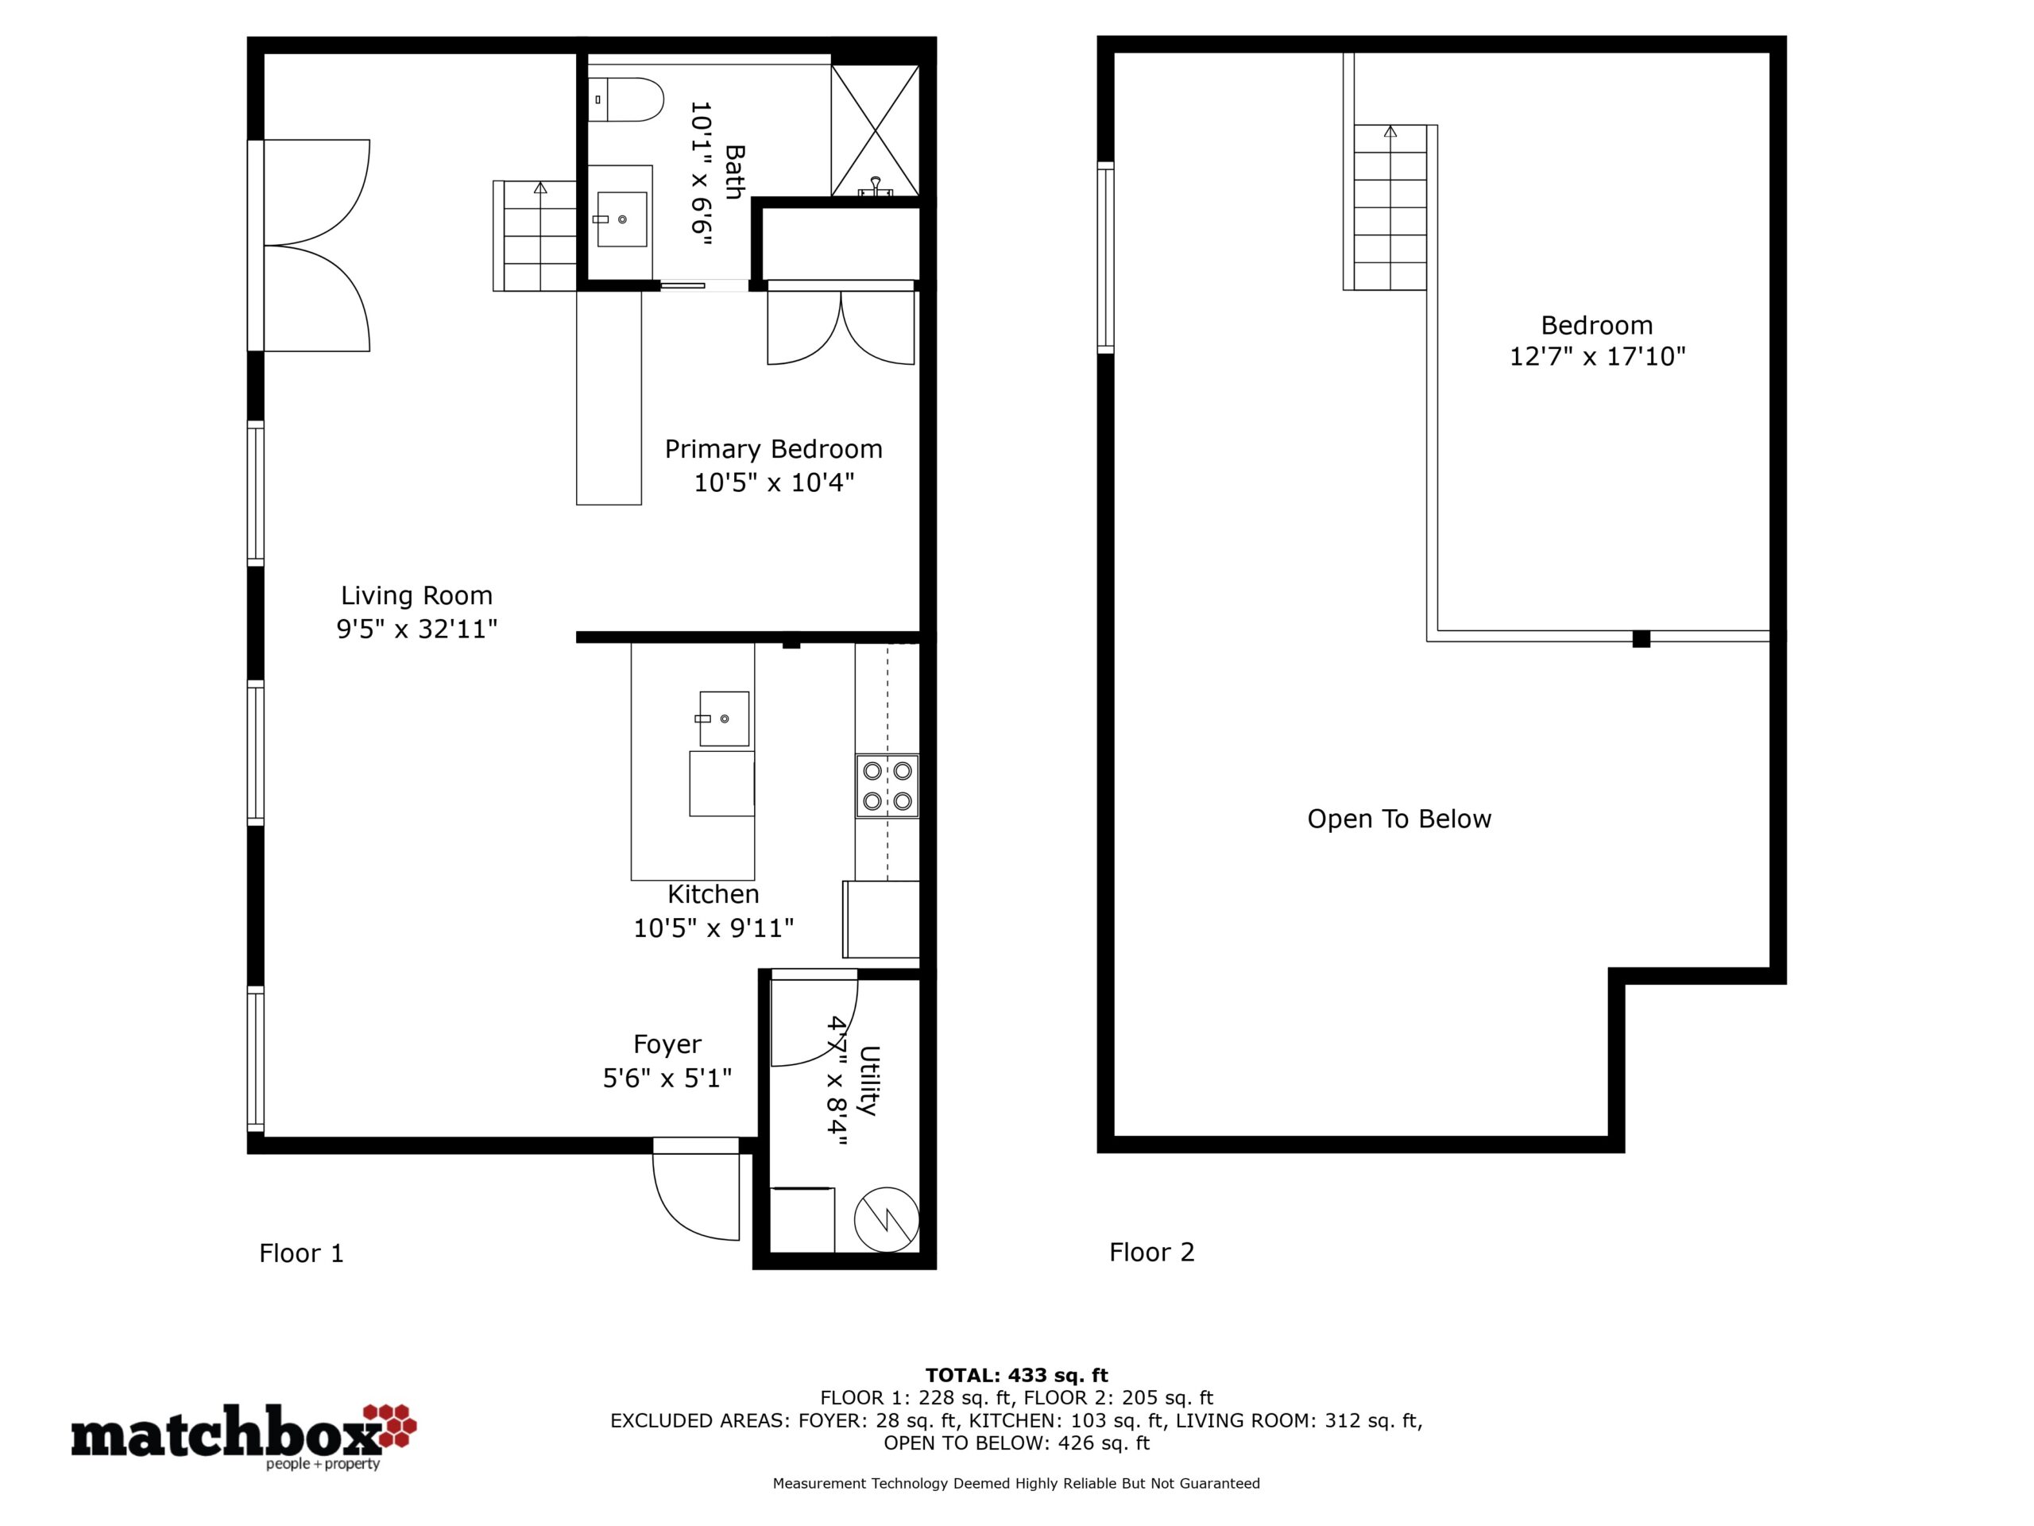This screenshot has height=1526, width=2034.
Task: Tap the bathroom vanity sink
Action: pyautogui.click(x=621, y=219)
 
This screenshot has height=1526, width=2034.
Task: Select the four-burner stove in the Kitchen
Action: pyautogui.click(x=887, y=785)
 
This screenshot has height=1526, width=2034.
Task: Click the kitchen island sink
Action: pyautogui.click(x=723, y=718)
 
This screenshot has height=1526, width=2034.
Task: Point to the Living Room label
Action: pyautogui.click(x=416, y=595)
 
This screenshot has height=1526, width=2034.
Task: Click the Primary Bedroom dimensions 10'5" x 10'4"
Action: pyautogui.click(x=773, y=482)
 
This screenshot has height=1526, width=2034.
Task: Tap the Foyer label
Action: pyautogui.click(x=667, y=1044)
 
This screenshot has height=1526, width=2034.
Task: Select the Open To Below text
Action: pyautogui.click(x=1398, y=819)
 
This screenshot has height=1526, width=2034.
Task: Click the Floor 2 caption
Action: pyautogui.click(x=1151, y=1252)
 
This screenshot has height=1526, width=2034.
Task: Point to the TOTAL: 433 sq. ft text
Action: pyautogui.click(x=1016, y=1375)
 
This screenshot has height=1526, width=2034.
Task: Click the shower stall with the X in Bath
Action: pyautogui.click(x=876, y=130)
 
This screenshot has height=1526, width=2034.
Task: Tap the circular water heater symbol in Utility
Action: pyautogui.click(x=887, y=1220)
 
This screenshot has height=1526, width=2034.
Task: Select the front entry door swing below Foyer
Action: pyautogui.click(x=696, y=1188)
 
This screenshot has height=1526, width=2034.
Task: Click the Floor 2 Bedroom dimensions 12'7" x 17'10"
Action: pyautogui.click(x=1597, y=356)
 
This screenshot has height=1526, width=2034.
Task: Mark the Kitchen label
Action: pyautogui.click(x=713, y=894)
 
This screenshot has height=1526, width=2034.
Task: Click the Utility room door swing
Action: pyautogui.click(x=814, y=1018)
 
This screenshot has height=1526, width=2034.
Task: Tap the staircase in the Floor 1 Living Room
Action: pyautogui.click(x=536, y=235)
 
